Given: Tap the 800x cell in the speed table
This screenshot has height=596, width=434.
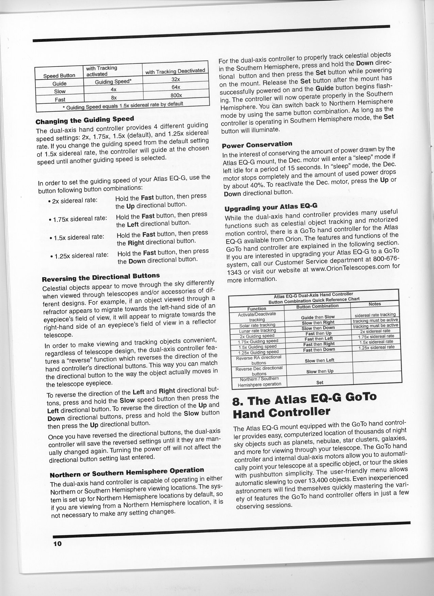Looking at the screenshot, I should click(176, 95).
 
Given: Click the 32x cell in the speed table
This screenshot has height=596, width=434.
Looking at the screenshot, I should click(176, 79).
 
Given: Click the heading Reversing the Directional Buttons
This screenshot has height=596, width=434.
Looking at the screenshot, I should click(100, 277).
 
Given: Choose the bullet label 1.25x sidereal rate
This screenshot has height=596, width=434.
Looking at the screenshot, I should click(80, 255).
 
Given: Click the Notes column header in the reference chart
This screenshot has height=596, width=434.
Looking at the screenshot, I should click(375, 304).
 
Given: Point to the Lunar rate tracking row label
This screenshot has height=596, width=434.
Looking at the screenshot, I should click(257, 330).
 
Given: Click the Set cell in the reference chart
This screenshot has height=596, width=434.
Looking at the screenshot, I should click(320, 382).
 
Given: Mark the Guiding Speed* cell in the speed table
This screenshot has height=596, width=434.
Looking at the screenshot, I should click(113, 82).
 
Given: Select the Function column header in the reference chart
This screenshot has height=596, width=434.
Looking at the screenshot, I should click(257, 309).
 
